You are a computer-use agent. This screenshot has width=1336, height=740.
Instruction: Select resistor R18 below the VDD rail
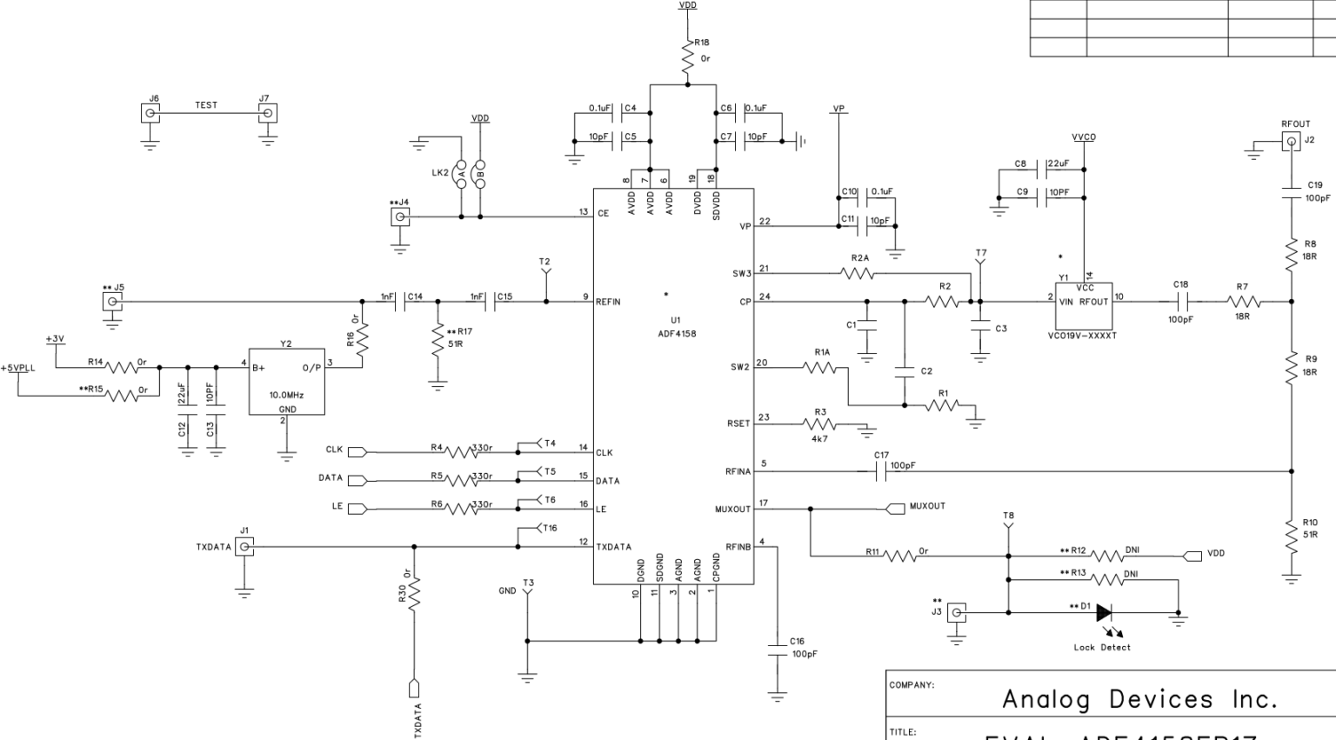pos(688,52)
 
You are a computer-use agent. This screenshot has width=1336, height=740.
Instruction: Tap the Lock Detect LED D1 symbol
pos(1105,612)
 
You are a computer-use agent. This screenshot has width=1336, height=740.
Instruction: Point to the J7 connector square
pos(269,113)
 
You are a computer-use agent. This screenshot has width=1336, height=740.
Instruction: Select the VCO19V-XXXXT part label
pos(1083,336)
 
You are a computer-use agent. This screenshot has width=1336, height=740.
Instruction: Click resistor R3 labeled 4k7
pos(818,425)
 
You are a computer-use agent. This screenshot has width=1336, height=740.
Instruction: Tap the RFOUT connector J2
pos(1292,143)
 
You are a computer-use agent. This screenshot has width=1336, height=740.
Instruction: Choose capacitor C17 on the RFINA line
pos(879,471)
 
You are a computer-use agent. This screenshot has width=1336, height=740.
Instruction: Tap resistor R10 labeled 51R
pos(1292,529)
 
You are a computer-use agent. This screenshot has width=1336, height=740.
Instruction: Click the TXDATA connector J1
pos(245,547)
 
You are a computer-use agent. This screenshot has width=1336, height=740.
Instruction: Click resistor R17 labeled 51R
pos(438,339)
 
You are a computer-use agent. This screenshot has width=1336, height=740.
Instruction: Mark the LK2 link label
pos(440,173)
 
